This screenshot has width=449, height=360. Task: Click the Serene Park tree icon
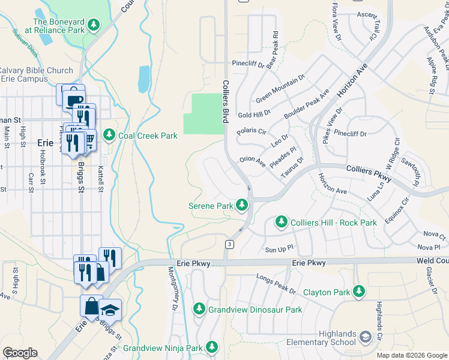pyautogui.click(x=242, y=206)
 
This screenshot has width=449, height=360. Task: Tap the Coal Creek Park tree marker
pyautogui.click(x=109, y=136)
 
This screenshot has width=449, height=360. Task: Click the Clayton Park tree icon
pyautogui.click(x=359, y=292)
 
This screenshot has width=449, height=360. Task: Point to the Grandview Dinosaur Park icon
pyautogui.click(x=199, y=310)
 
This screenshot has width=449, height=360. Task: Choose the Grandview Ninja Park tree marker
pyautogui.click(x=211, y=347)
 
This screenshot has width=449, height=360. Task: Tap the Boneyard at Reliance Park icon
pyautogui.click(x=93, y=25)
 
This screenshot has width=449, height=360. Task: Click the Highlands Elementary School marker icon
pyautogui.click(x=365, y=338)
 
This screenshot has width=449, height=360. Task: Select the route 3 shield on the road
pyautogui.click(x=229, y=244)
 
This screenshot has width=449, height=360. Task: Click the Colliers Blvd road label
pyautogui.click(x=226, y=102)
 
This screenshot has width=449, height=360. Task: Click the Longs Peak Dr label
pyautogui.click(x=276, y=283)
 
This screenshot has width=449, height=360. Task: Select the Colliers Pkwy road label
pyautogui.click(x=369, y=175)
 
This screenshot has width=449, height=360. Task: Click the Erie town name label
pyautogui.click(x=46, y=143)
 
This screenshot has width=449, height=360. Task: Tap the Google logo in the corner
pyautogui.click(x=20, y=353)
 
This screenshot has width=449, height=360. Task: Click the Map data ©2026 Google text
pyautogui.click(x=411, y=355)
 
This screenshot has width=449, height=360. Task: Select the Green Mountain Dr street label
pyautogui.click(x=280, y=89)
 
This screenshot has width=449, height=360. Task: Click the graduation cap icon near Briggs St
pyautogui.click(x=110, y=310)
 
